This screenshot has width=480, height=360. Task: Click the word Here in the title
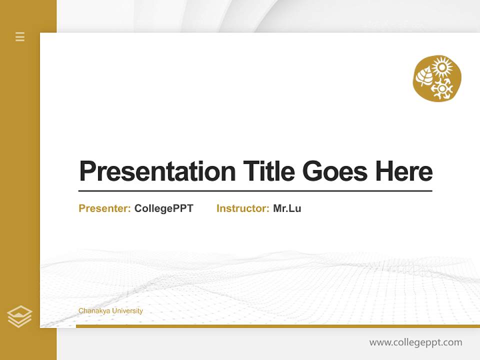click(404, 171)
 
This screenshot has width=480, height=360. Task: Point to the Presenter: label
click(104, 208)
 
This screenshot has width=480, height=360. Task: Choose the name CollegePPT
click(163, 208)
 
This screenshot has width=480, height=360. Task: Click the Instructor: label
click(242, 208)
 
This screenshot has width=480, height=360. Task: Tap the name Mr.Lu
click(287, 208)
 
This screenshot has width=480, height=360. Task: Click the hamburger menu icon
click(20, 36)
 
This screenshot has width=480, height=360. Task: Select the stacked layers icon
click(19, 316)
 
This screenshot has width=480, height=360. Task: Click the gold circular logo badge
click(437, 78)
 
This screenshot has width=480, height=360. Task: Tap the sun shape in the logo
click(442, 67)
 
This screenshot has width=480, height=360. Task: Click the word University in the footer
click(127, 311)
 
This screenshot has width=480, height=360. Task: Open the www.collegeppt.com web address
click(415, 342)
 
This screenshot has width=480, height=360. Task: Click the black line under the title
click(255, 191)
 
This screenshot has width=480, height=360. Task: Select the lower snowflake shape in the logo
click(442, 88)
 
